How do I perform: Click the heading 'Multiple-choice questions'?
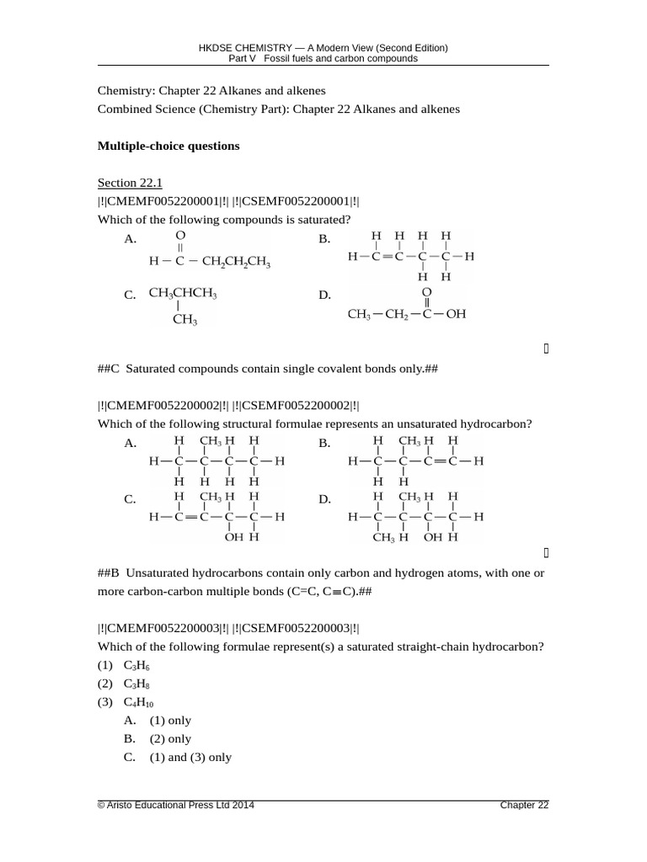click(x=168, y=146)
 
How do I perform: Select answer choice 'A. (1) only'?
click(x=158, y=721)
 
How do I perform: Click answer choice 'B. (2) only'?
click(x=158, y=739)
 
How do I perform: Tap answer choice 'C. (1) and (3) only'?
click(x=177, y=758)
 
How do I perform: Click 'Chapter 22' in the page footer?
click(x=524, y=806)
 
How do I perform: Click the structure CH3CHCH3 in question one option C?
click(x=183, y=294)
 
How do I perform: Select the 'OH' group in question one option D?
click(x=455, y=315)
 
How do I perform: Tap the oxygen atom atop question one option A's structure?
click(x=180, y=235)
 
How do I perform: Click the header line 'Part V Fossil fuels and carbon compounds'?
click(x=323, y=59)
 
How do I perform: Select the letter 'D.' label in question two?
click(x=324, y=500)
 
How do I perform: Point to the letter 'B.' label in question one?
click(x=324, y=240)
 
